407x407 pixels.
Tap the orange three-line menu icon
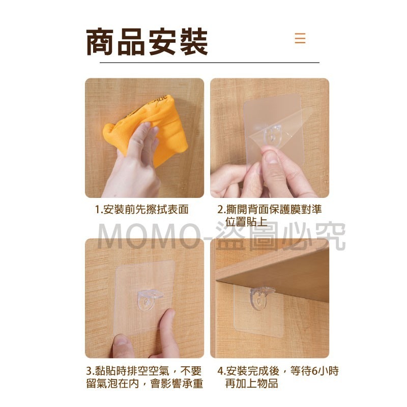(300, 38)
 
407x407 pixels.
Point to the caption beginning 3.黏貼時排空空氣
(144, 377)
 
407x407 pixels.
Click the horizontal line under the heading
(209, 62)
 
